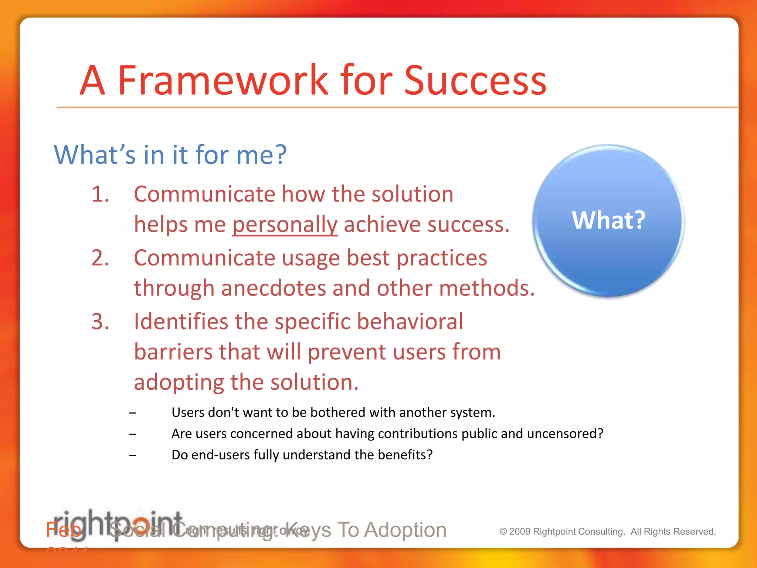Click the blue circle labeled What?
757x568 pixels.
pos(608,221)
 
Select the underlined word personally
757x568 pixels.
pos(285,225)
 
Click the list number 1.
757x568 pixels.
pos(100,194)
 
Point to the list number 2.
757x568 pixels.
pos(100,258)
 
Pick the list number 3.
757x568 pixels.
pos(100,321)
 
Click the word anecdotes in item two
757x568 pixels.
pos(273,288)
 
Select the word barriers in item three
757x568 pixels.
pos(173,352)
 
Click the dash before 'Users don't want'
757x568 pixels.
pos(133,413)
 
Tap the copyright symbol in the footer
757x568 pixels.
pos(503,532)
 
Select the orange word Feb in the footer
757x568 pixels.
pos(63,530)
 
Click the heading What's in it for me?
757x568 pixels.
pos(170,155)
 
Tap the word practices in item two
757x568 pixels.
pos(442,258)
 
